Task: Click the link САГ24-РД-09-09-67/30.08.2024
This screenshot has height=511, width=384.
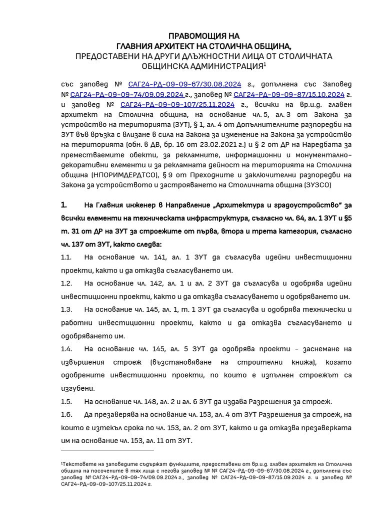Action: (184, 84)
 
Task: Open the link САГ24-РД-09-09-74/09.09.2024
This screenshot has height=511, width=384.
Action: (126, 94)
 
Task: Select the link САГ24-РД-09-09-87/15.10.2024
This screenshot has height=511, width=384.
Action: (289, 94)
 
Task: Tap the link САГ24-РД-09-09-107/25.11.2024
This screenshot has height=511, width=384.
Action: (177, 105)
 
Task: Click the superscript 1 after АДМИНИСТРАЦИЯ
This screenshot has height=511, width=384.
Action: (265, 64)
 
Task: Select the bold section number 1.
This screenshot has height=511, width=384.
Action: (63, 205)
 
